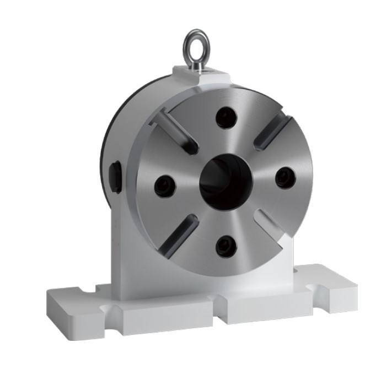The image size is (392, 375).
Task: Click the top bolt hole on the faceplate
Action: (x=225, y=117)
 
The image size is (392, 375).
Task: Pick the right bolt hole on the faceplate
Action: (x=285, y=177)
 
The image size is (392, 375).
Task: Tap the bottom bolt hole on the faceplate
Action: (x=225, y=245)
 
